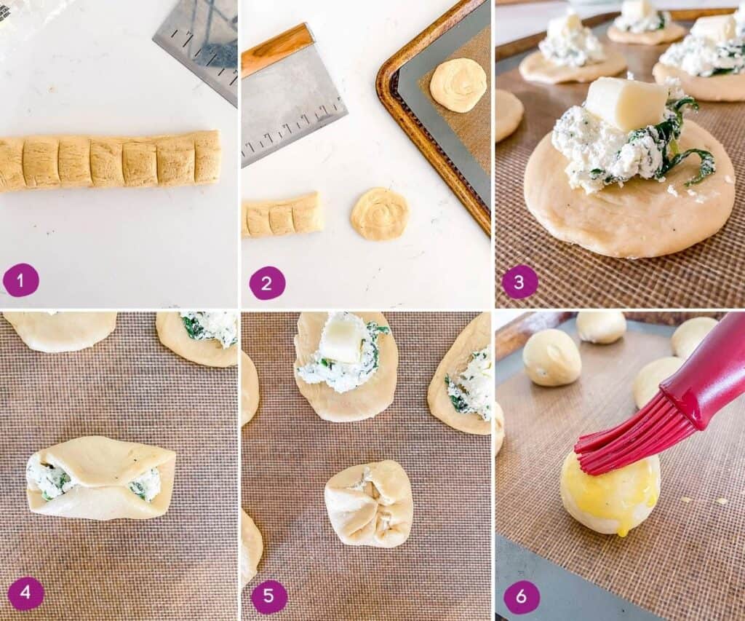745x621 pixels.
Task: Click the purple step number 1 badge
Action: pos(21,280)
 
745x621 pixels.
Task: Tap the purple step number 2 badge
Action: pos(267,282)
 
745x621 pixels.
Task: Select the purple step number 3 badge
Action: pos(520,282)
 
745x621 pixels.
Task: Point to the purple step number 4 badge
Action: pos(25,593)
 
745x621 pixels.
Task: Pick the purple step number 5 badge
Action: pos(269,596)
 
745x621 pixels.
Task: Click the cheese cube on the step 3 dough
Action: pos(626,103)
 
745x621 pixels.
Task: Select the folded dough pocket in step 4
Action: pos(101,477)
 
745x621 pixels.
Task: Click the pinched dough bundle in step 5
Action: pos(369,503)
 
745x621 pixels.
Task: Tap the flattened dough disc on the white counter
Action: pos(380,214)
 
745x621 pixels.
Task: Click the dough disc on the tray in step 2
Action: pos(458,85)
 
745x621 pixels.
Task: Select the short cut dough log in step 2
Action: pos(282,215)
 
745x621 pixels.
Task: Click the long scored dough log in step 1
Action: pos(109,161)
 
